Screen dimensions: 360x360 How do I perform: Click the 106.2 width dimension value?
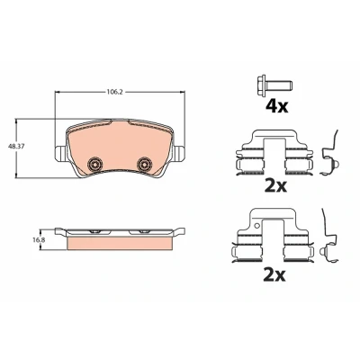pos(114,92)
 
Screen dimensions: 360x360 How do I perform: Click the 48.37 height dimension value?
pos(17,147)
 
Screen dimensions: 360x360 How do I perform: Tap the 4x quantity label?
pos(276,106)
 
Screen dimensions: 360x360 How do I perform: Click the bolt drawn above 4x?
pos(274,85)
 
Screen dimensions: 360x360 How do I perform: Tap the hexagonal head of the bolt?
pos(262,85)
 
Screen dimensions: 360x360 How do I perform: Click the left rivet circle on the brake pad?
pos(94,164)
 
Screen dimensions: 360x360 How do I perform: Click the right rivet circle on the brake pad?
pos(144,164)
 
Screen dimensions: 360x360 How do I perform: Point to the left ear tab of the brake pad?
pos(61,152)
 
